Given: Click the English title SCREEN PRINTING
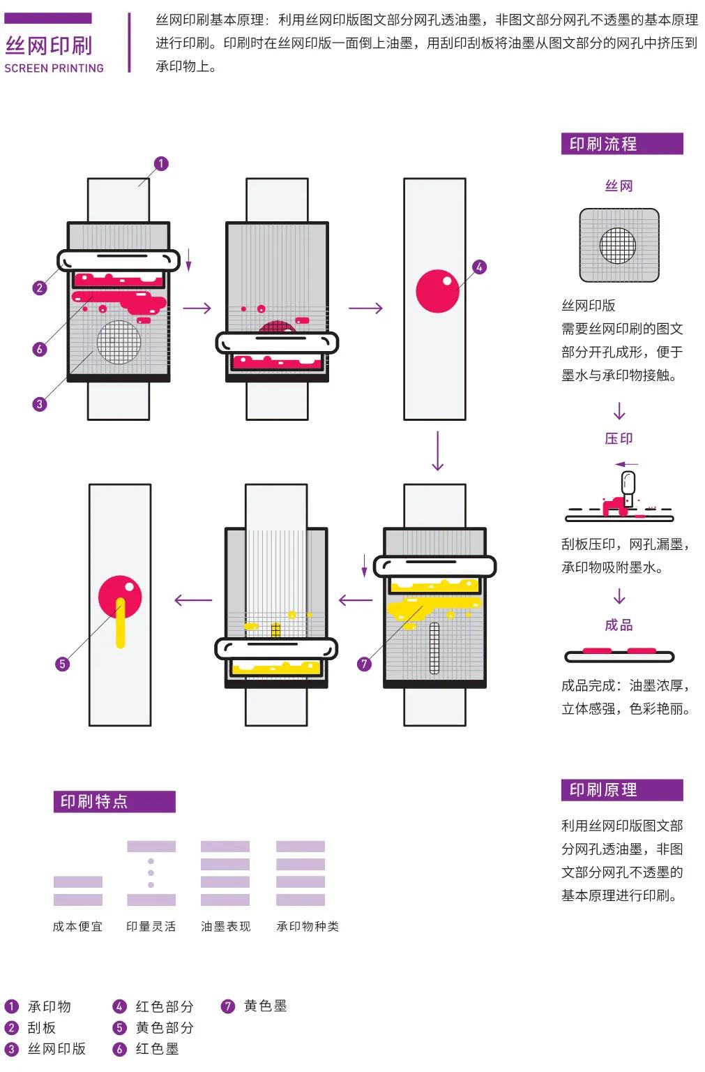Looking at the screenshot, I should coord(54,68).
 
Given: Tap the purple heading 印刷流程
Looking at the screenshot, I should coord(603,144).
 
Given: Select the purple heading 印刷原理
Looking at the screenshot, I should coord(603,790).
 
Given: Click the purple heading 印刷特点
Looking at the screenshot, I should coord(95,801).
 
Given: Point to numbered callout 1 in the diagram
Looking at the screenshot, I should coord(161,164).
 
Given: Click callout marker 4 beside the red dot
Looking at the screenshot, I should coord(479,267).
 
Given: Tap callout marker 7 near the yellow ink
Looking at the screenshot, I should coord(364,664).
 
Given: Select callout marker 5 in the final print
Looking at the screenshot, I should coord(62,664).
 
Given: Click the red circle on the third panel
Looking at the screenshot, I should coord(437,291).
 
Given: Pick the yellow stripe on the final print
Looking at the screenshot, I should coord(120,625).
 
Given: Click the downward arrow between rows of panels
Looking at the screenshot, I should coord(437,451).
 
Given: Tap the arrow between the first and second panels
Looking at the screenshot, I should coord(197,308).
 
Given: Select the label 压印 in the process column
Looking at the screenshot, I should coord(619,438).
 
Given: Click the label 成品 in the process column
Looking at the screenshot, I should coord(619,625).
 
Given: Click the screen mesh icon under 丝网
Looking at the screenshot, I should coord(619,245).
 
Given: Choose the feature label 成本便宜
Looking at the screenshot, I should coord(77,926).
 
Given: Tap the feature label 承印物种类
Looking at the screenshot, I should coord(308,926).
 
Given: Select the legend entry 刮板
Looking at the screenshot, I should coord(42,1027).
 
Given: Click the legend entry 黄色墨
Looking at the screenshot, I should coord(265,1006).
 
